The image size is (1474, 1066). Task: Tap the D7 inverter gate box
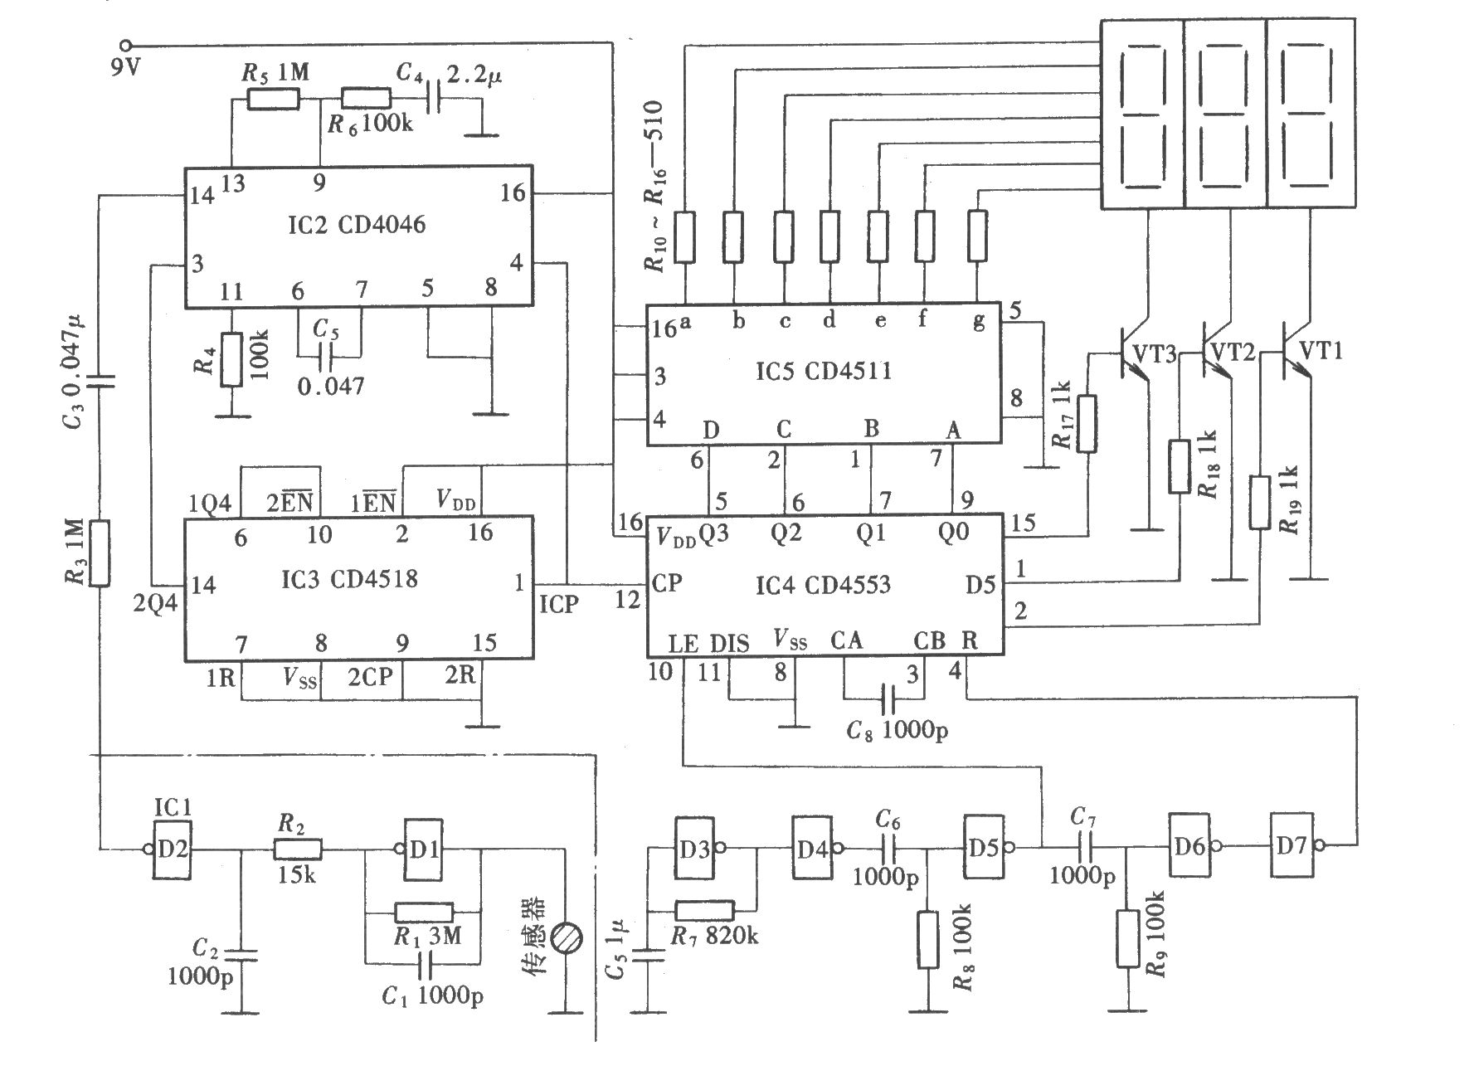click(1292, 845)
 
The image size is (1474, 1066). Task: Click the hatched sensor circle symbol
click(567, 937)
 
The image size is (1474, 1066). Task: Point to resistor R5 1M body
click(274, 100)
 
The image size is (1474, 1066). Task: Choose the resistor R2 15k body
click(297, 849)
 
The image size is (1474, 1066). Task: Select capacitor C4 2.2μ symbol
click(432, 100)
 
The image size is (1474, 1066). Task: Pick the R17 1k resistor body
click(1087, 425)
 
